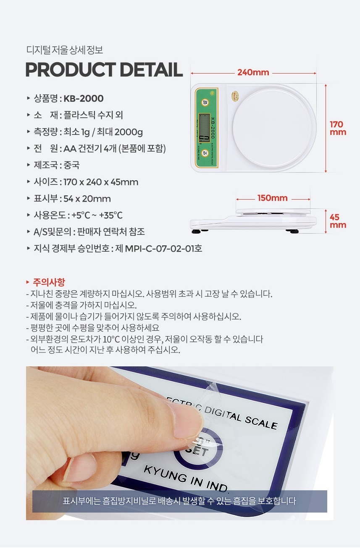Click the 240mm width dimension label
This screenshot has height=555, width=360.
coord(253,73)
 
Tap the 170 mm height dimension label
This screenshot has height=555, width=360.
coord(338,128)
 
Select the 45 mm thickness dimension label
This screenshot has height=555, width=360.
coord(338,221)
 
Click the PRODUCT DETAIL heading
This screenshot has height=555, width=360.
coord(104,70)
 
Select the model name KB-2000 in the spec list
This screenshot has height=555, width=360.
coord(83,99)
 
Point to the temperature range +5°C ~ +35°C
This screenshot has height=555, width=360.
coord(97,215)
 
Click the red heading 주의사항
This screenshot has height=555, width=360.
coord(49,282)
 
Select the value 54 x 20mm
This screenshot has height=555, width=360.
coord(87,199)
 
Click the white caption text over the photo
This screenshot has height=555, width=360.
coord(179,501)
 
